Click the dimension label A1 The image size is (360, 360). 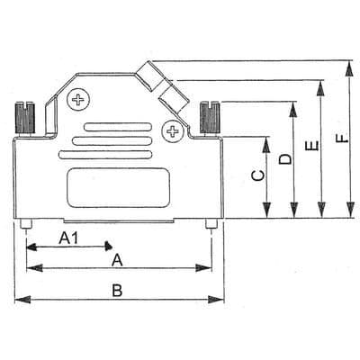click(x=69, y=238)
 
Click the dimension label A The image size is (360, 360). click(x=115, y=260)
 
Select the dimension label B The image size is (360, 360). click(x=116, y=290)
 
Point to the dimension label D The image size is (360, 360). click(x=284, y=159)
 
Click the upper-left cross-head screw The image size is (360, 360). click(x=82, y=99)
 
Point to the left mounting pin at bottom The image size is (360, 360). click(x=28, y=223)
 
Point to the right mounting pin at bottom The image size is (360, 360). click(x=211, y=223)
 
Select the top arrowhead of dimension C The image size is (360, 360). click(x=266, y=139)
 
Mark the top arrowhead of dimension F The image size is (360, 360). click(x=347, y=63)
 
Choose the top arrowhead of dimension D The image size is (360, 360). click(x=293, y=105)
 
